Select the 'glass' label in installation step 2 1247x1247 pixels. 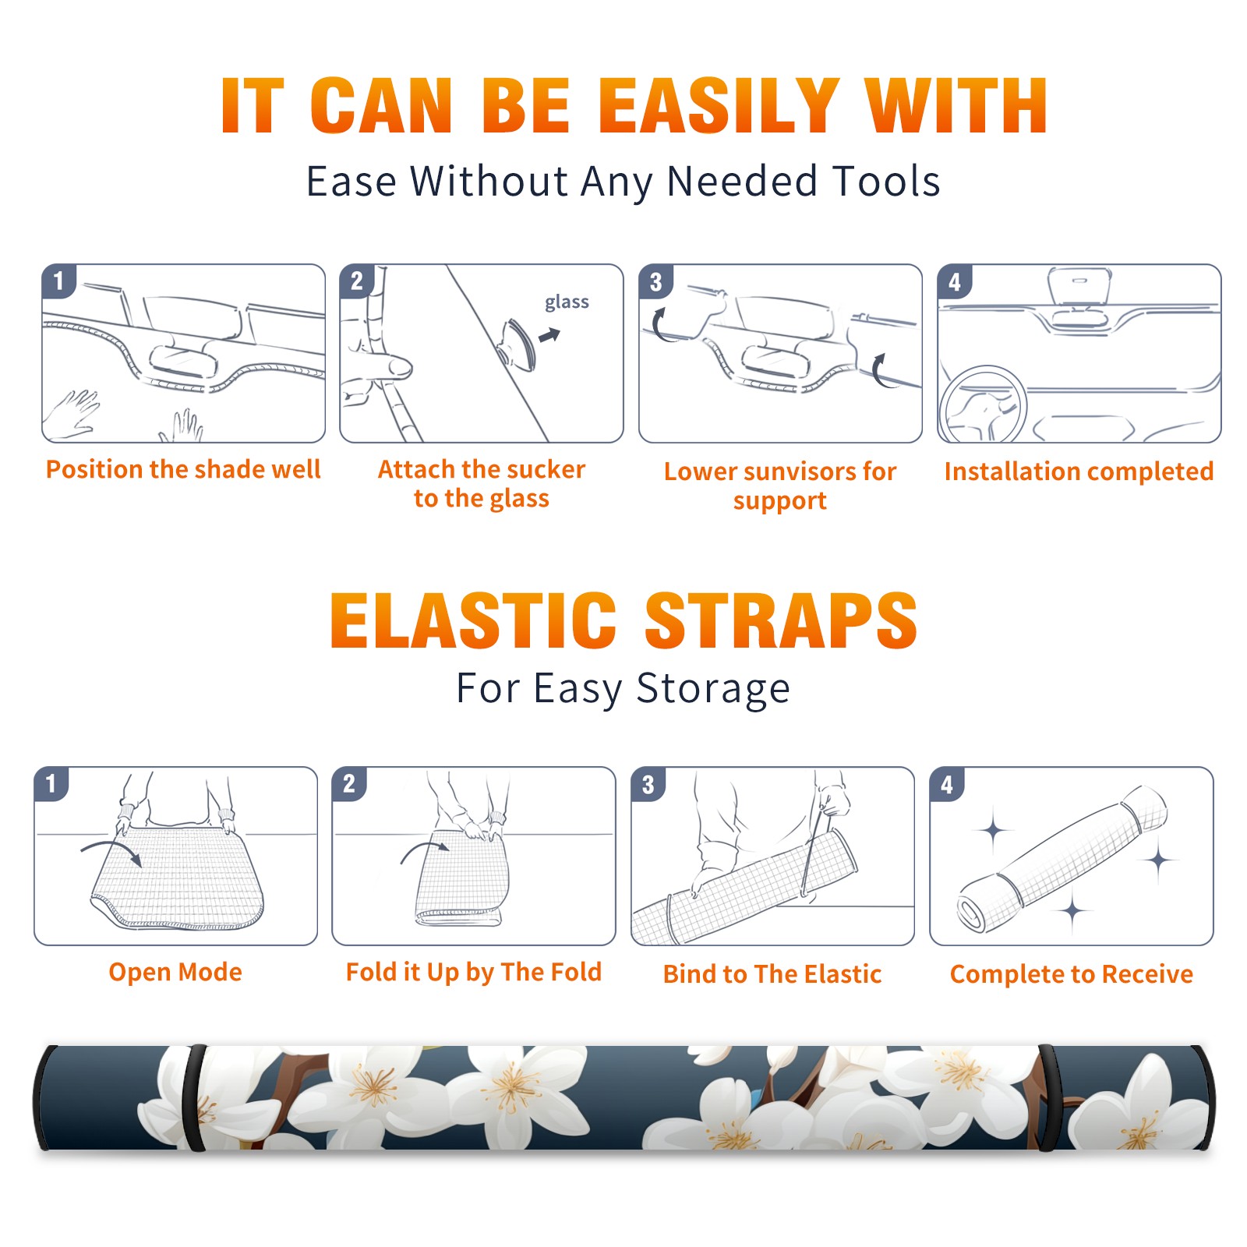click(x=567, y=302)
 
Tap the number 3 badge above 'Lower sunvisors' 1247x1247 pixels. click(x=655, y=281)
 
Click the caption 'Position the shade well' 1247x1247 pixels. click(x=183, y=469)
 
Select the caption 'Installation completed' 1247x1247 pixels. click(x=1079, y=472)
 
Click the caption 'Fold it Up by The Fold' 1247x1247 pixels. click(x=474, y=972)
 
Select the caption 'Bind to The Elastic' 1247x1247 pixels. click(x=772, y=974)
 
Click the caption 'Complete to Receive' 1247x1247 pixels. click(x=1072, y=974)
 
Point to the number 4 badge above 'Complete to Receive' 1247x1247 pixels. click(x=947, y=784)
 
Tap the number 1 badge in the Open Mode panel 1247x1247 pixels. click(x=51, y=783)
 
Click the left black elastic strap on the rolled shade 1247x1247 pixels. click(x=194, y=1097)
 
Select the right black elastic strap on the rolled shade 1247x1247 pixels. click(x=1047, y=1097)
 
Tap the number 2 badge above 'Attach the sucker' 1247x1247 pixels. click(x=357, y=281)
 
